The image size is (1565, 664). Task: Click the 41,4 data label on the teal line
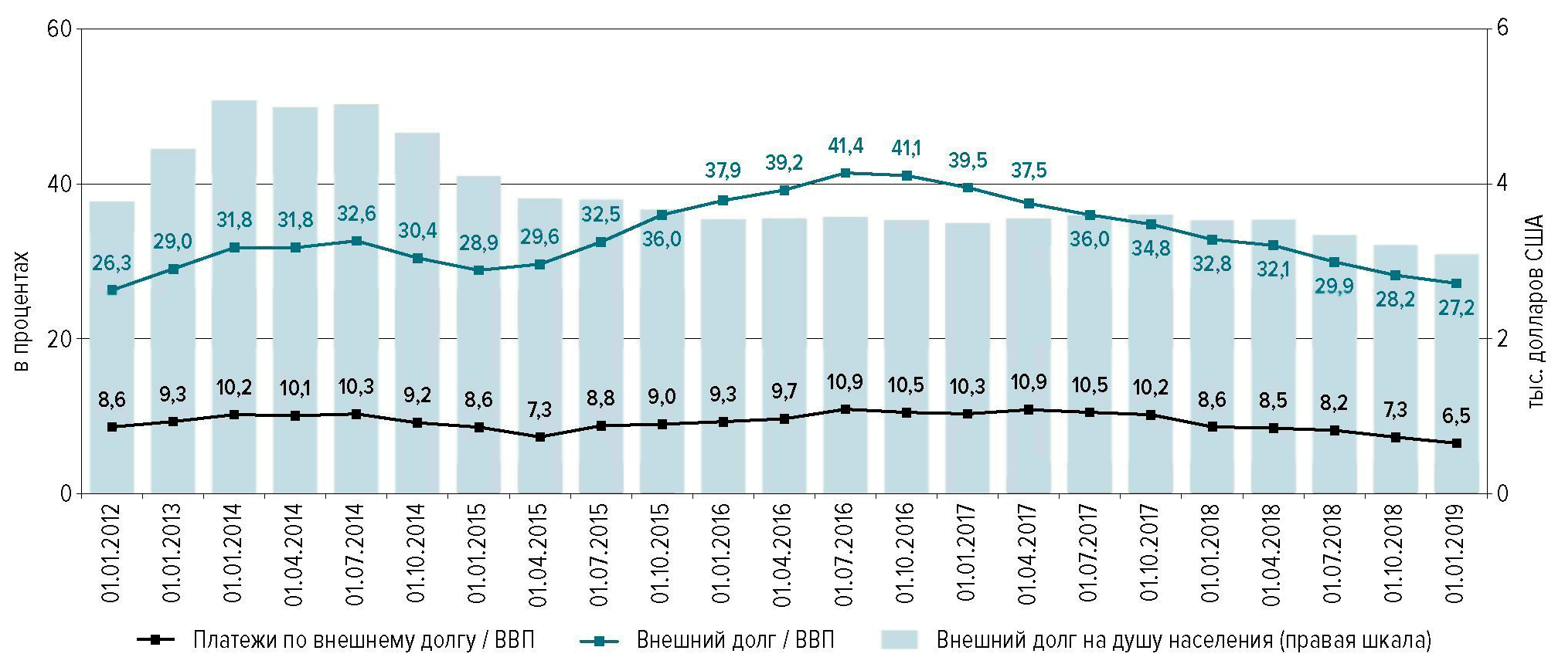click(845, 145)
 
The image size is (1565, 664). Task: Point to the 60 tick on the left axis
click(60, 29)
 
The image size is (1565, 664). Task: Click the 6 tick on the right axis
click(1502, 29)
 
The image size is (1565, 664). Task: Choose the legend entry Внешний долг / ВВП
click(735, 640)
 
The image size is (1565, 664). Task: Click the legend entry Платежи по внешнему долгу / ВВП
click(363, 640)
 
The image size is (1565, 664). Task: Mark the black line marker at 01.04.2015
click(540, 437)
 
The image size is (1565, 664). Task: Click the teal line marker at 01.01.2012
click(112, 290)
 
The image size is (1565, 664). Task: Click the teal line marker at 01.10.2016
click(907, 175)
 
